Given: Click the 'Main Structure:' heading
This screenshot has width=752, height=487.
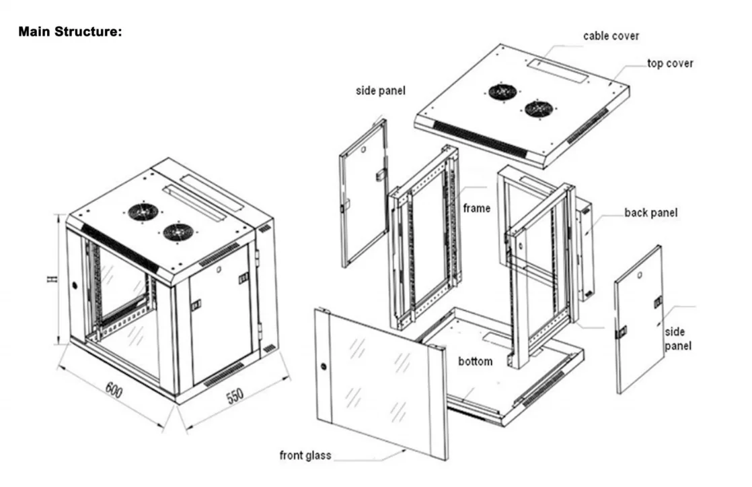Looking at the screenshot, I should [70, 31].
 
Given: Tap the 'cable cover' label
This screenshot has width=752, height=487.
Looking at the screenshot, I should [611, 36].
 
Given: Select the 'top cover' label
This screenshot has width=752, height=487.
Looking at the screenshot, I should [670, 63].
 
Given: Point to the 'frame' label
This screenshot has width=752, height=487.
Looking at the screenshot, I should [477, 208].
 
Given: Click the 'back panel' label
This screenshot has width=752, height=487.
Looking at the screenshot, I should [650, 213].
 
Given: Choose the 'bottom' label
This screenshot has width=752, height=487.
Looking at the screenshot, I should [475, 362].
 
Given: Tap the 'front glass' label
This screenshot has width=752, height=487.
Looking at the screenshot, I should [305, 456].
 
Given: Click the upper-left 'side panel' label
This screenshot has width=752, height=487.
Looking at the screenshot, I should [381, 90].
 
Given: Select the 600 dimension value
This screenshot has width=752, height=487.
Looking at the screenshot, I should [114, 391].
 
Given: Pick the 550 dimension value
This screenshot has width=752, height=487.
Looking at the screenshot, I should [233, 397].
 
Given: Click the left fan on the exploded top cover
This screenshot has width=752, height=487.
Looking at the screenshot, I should [502, 92].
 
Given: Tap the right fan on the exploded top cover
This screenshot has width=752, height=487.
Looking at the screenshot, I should [539, 108].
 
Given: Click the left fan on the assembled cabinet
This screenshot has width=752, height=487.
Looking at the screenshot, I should [143, 212].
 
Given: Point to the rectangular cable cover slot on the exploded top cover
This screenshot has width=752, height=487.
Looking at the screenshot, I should [556, 71].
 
